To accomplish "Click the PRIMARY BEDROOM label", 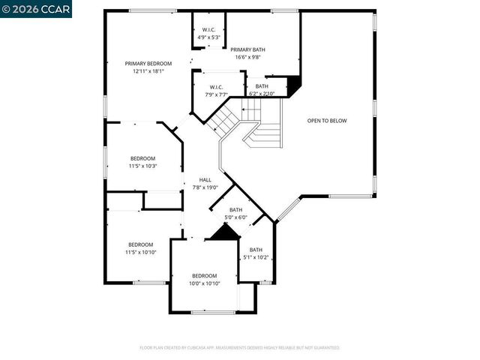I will [148, 64].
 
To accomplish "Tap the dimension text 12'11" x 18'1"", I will [148, 71].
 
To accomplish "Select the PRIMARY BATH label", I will [247, 49].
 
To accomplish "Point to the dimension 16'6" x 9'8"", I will [247, 57].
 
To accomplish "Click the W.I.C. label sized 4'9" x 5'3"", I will [208, 29].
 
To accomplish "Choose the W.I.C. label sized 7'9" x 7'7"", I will [217, 87].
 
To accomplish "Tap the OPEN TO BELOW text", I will [327, 121].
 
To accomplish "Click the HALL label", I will [205, 180].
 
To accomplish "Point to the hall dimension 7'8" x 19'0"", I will [205, 187].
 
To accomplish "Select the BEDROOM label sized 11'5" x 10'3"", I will [142, 158].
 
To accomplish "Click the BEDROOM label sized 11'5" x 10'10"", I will [140, 244].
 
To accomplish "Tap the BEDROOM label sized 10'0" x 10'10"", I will [204, 275].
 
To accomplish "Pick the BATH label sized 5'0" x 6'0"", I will [235, 210].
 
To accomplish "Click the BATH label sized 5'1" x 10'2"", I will [256, 250].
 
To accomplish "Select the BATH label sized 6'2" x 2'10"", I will [262, 86].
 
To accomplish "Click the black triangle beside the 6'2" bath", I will [294, 85].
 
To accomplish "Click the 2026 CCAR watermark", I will [25, 8].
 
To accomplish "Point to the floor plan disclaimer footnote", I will [240, 348].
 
